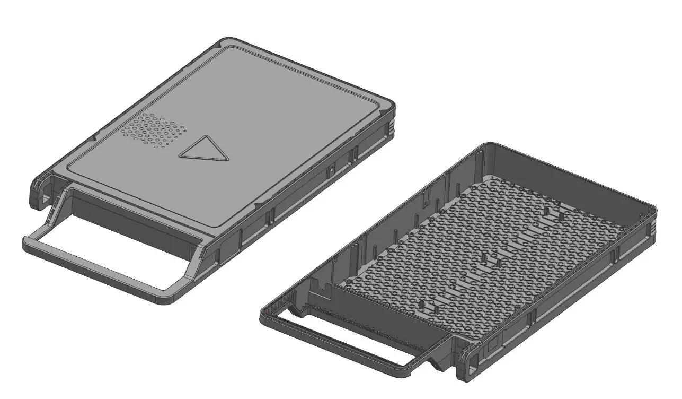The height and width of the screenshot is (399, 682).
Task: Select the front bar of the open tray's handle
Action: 339,345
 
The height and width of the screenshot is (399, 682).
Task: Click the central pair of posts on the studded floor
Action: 492,261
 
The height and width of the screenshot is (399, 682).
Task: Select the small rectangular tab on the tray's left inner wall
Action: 425,199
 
